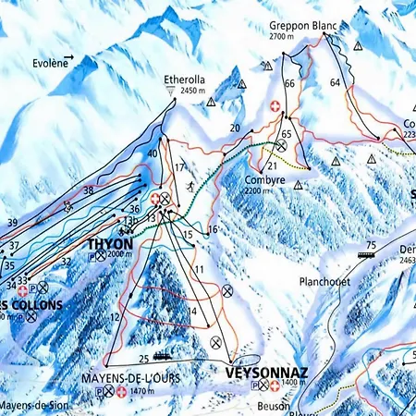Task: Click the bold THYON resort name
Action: click(x=109, y=244)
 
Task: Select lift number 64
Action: click(x=335, y=83)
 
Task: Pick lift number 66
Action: click(x=289, y=84)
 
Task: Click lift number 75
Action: click(x=371, y=245)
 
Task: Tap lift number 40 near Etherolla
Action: click(x=152, y=153)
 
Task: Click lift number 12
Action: click(x=115, y=318)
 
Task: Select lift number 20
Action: click(x=235, y=128)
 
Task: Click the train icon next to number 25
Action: click(x=164, y=356)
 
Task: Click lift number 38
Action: click(x=89, y=190)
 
